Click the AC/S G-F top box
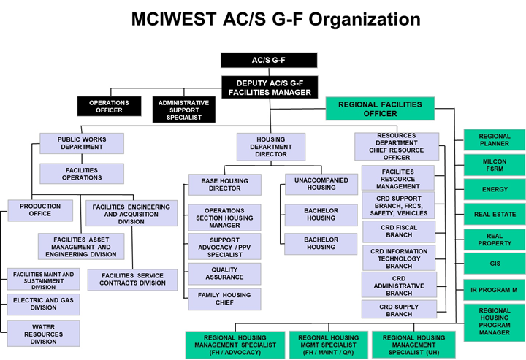coord(269,61)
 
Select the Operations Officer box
coord(109,107)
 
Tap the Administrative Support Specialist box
coord(184,110)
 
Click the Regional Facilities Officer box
coord(380,109)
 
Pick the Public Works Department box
coord(82,143)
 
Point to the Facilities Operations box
coord(82,174)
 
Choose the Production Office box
coord(40,210)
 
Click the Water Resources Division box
coord(44,334)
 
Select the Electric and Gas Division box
coord(44,305)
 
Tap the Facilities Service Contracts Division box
coord(132,280)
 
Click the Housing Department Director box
coord(271,147)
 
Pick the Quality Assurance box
coord(224,274)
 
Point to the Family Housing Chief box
coord(224,299)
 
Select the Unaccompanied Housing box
coord(321,184)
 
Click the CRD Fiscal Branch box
coord(399,231)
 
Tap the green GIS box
coord(495,264)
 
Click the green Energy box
coord(495,189)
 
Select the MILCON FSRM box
coord(495,165)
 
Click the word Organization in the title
coord(365,20)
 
